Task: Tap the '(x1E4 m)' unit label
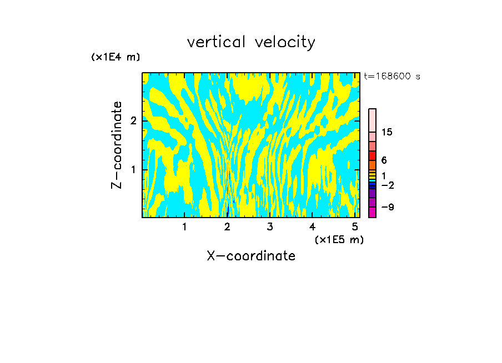(116, 57)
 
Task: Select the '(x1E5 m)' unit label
(339, 239)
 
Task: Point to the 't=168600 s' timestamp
(391, 76)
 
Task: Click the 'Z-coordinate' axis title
(117, 145)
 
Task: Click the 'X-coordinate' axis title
(251, 256)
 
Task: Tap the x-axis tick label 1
(185, 227)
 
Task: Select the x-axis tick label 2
(227, 227)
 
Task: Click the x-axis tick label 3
(270, 227)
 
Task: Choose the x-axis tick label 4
(312, 227)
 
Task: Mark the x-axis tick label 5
(354, 227)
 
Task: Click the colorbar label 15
(387, 132)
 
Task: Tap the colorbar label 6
(384, 160)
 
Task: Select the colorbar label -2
(387, 185)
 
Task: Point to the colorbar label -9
(387, 207)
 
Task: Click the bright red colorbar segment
(373, 155)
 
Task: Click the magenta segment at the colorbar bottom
(373, 212)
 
